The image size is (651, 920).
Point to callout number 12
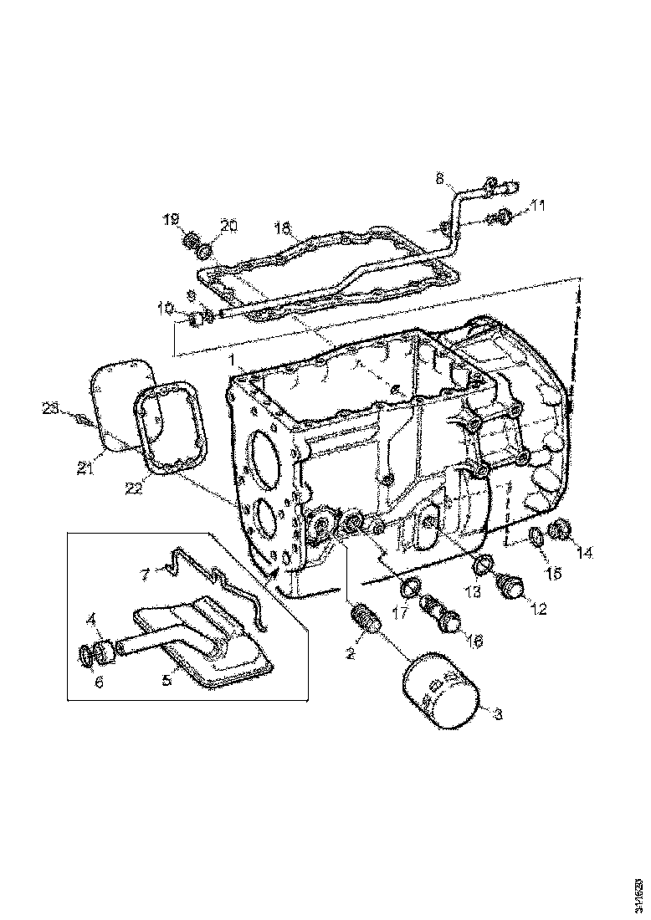coord(537,610)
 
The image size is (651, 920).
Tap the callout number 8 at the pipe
coord(438,177)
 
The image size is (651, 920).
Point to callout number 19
coord(171,220)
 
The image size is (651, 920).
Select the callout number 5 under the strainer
coord(167,681)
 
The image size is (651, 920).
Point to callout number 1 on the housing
coord(228,360)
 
